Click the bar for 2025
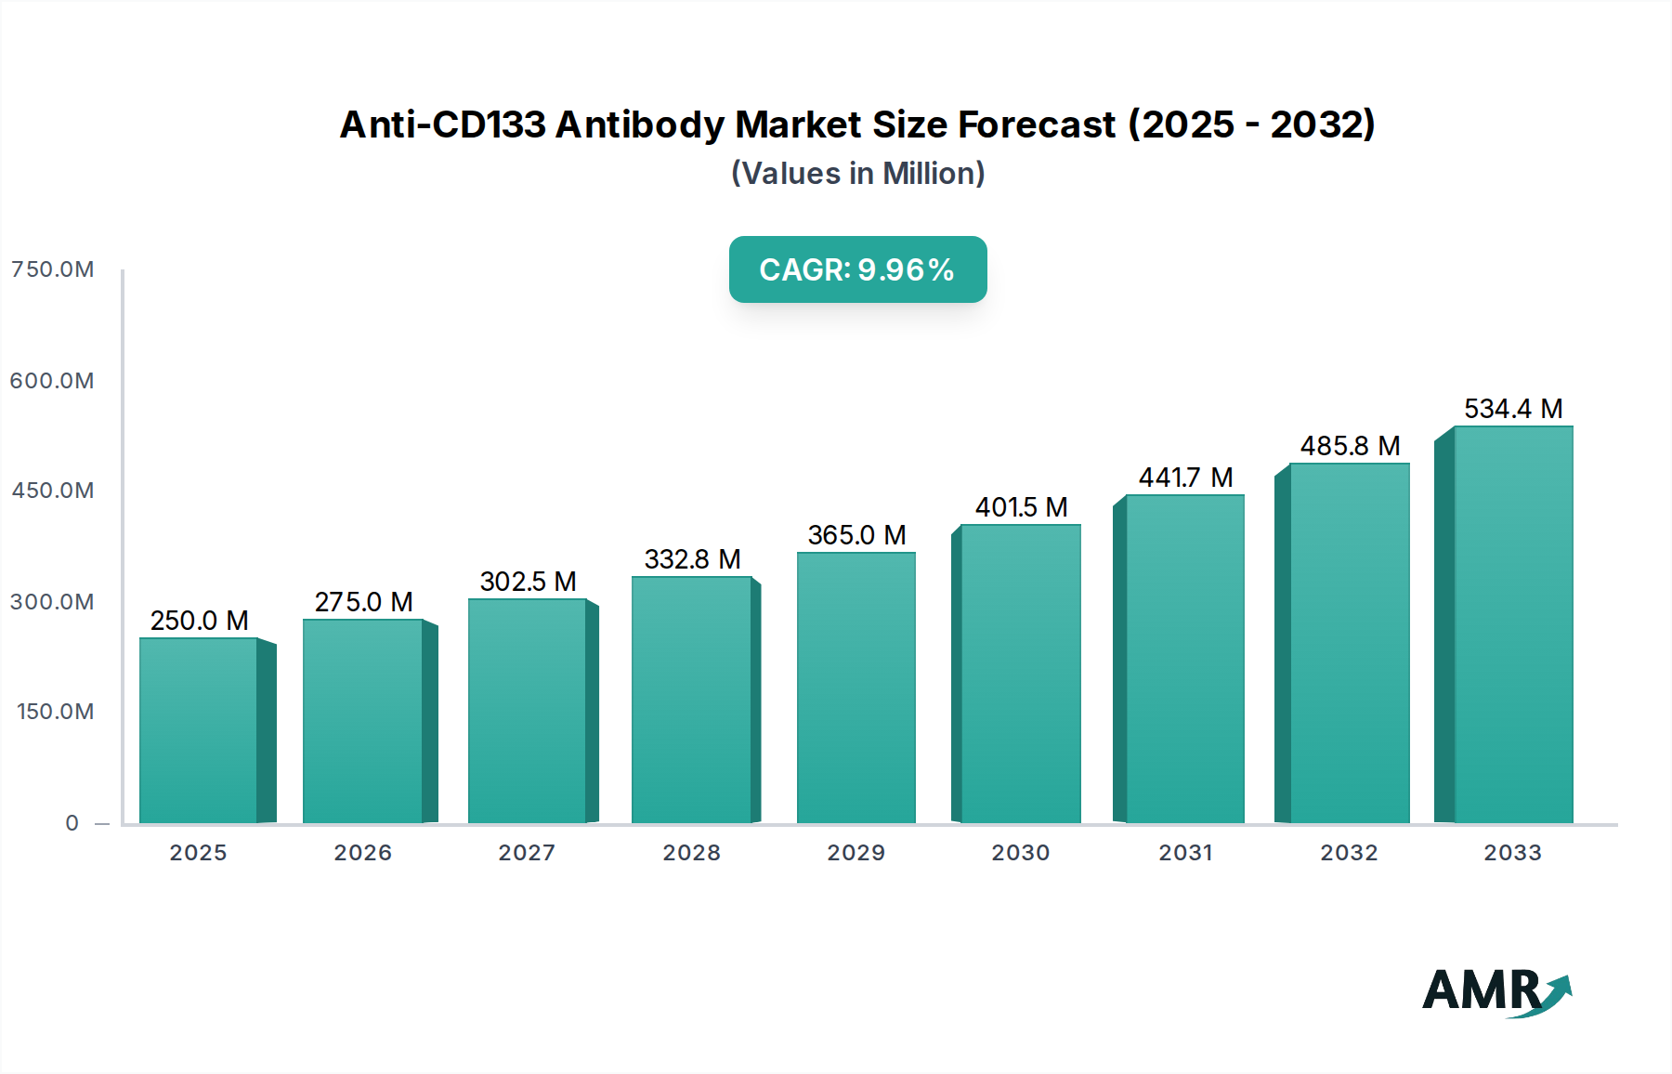point(199,730)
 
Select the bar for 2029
point(856,688)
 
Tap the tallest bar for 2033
point(1513,624)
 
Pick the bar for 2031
point(1184,659)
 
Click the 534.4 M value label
point(1513,409)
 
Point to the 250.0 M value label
point(199,621)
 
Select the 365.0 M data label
point(856,535)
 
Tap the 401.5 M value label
point(1021,507)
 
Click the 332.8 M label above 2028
point(692,559)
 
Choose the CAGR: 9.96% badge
point(857,269)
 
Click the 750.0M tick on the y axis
point(53,269)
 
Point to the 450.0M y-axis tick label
point(53,491)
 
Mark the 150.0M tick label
point(56,712)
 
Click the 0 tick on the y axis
point(72,823)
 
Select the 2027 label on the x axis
point(527,853)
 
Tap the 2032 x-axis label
point(1349,853)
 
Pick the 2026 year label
point(362,853)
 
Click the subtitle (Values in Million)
point(857,174)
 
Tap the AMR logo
point(1496,990)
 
